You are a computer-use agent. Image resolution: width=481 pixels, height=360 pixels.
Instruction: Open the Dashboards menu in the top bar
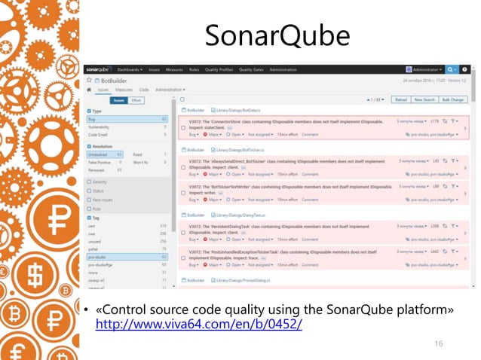click(x=131, y=69)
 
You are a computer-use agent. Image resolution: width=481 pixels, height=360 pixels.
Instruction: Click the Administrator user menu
click(x=424, y=69)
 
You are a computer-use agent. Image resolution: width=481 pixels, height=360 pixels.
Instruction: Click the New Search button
click(x=425, y=99)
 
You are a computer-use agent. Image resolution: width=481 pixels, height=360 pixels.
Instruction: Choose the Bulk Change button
click(x=453, y=99)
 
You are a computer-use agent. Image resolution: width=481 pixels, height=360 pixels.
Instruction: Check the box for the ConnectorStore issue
click(x=182, y=128)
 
